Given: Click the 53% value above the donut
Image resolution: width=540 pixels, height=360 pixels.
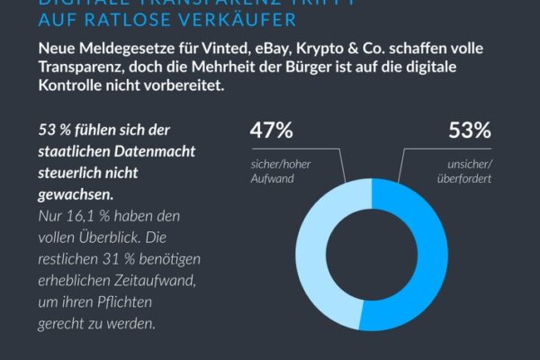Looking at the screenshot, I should (470, 131).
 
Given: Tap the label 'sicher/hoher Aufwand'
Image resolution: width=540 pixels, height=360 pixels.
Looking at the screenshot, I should (274, 173).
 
